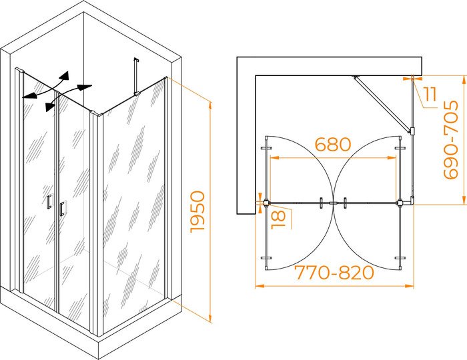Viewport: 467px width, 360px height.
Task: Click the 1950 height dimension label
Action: [x=197, y=211]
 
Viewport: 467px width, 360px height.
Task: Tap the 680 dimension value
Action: [x=333, y=144]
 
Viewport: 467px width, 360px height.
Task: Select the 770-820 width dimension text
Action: [x=334, y=273]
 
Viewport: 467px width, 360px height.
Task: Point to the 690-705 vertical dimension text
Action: [x=450, y=140]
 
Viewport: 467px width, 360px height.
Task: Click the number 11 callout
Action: [x=430, y=94]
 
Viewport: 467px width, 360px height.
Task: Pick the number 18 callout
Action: [x=279, y=219]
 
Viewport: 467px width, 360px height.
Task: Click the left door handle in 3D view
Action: [x=49, y=203]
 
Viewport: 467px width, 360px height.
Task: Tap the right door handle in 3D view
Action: [x=62, y=209]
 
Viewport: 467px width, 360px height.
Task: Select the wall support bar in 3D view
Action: [x=136, y=77]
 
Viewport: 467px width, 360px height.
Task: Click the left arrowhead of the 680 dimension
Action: [x=274, y=157]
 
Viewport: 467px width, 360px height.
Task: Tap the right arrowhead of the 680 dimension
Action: [x=392, y=157]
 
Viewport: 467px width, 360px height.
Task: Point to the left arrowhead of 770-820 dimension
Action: [x=260, y=286]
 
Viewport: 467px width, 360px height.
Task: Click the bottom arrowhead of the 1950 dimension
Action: [x=210, y=318]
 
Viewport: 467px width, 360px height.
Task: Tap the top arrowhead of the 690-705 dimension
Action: [x=464, y=80]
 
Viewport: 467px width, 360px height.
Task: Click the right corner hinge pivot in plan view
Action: [x=400, y=203]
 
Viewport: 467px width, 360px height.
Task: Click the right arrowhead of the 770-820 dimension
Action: [x=409, y=286]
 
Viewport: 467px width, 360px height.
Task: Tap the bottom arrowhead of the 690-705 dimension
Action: [x=464, y=200]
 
